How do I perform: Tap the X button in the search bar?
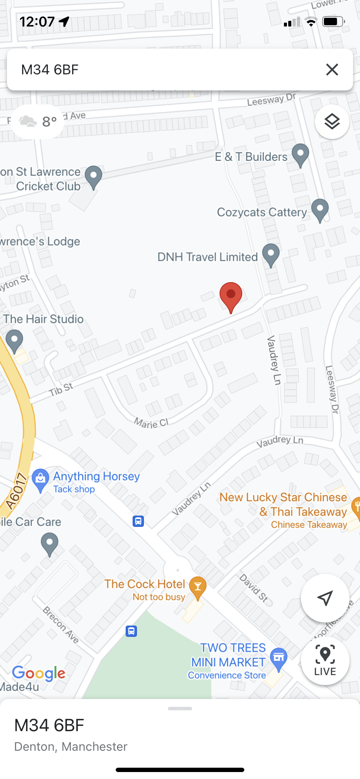click(x=332, y=70)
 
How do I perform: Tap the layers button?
click(x=332, y=121)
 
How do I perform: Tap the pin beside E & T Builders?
click(x=300, y=154)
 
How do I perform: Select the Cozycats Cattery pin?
click(x=320, y=210)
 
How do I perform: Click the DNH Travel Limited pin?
click(x=270, y=254)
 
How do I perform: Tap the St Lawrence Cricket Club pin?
click(x=93, y=177)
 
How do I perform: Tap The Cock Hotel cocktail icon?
click(x=197, y=587)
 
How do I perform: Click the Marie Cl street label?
click(x=151, y=423)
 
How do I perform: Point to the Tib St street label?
click(x=61, y=389)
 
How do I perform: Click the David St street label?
click(x=254, y=587)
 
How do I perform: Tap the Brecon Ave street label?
click(x=61, y=625)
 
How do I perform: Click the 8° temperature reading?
click(x=50, y=122)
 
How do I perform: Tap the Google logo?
click(x=39, y=673)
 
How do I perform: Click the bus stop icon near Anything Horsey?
click(x=138, y=521)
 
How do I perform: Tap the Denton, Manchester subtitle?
click(x=71, y=746)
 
